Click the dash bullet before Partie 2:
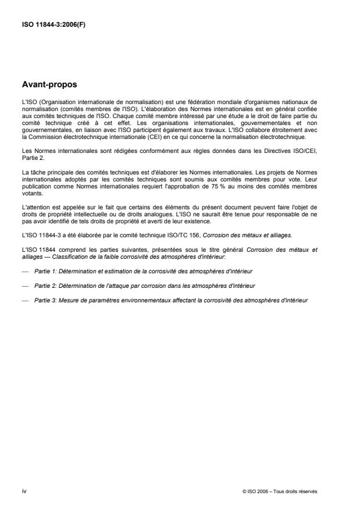(x=25, y=286)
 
